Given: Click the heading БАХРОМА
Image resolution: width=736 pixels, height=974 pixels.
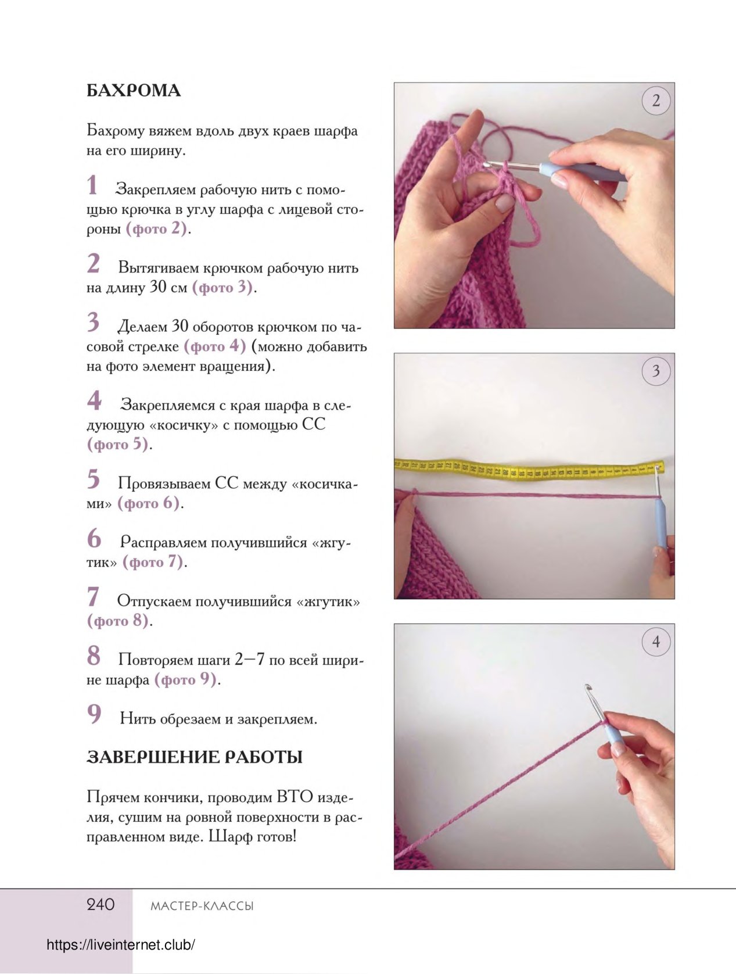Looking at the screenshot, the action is pyautogui.click(x=134, y=91).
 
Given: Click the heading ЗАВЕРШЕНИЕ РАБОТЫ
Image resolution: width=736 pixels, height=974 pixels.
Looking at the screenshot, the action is pyautogui.click(x=194, y=757).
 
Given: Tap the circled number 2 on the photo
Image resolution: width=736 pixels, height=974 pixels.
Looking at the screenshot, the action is pyautogui.click(x=656, y=101).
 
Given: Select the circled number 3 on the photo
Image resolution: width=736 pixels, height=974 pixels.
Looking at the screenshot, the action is pyautogui.click(x=656, y=371).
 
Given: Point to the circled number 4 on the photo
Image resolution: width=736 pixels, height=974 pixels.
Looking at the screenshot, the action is pyautogui.click(x=656, y=642).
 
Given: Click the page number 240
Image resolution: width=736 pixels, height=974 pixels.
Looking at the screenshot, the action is pyautogui.click(x=100, y=905).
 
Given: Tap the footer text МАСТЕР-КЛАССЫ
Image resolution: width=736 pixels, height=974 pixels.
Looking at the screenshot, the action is pyautogui.click(x=202, y=906).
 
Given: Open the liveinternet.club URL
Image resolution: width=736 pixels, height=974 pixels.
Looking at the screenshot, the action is pyautogui.click(x=121, y=945).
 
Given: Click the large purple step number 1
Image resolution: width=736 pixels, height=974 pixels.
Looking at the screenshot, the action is pyautogui.click(x=92, y=185).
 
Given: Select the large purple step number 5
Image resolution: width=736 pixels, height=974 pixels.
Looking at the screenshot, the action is pyautogui.click(x=93, y=479).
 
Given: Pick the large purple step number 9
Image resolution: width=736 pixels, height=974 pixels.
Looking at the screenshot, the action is pyautogui.click(x=94, y=714).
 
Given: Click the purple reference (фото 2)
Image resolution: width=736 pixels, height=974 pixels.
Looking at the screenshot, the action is pyautogui.click(x=156, y=229).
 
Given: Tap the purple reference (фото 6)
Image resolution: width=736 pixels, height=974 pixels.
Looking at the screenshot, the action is pyautogui.click(x=149, y=503).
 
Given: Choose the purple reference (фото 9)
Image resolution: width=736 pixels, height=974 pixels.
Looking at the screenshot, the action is pyautogui.click(x=185, y=680).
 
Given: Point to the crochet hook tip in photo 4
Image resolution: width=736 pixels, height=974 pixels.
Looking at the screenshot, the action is pyautogui.click(x=587, y=687).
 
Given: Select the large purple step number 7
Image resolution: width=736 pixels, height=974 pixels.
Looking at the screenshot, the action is pyautogui.click(x=93, y=597).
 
